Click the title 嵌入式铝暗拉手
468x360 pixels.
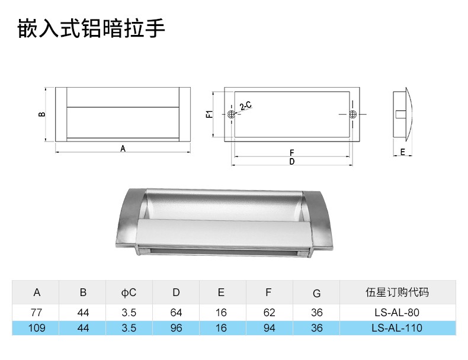tap(91, 28)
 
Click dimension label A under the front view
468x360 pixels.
tap(123, 149)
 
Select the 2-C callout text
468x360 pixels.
tap(245, 107)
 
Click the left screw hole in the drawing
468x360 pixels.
tap(231, 114)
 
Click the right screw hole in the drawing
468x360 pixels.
tap(353, 114)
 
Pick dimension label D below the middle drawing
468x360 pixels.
tap(292, 162)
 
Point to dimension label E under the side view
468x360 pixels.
tap(402, 152)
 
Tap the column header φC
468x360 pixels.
tap(129, 292)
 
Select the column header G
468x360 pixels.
tap(316, 293)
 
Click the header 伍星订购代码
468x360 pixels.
tap(397, 292)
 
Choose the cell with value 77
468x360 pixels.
tap(37, 312)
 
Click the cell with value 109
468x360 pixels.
tap(37, 327)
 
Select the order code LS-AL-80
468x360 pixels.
tap(397, 312)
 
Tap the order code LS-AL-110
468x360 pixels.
tap(397, 327)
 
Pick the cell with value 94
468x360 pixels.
tap(268, 327)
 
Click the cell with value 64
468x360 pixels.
tap(176, 312)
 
